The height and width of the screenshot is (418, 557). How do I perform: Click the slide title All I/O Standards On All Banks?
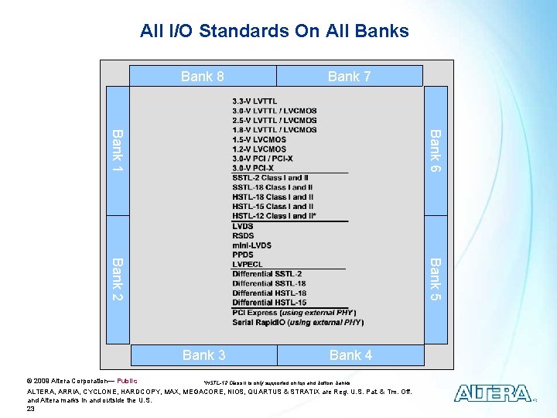pyautogui.click(x=274, y=32)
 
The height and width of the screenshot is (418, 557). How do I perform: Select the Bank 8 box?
pyautogui.click(x=202, y=76)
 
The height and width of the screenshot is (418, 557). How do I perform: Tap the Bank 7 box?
pyautogui.click(x=350, y=76)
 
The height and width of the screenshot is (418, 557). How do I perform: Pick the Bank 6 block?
pyautogui.click(x=436, y=151)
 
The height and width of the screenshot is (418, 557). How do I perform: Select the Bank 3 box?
pyautogui.click(x=203, y=355)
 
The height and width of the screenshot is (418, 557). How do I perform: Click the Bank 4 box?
pyautogui.click(x=350, y=355)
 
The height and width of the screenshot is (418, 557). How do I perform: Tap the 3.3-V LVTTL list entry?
pyautogui.click(x=255, y=101)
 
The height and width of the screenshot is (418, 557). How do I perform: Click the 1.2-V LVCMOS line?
pyautogui.click(x=259, y=149)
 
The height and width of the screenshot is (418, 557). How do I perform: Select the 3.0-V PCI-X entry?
pyautogui.click(x=252, y=168)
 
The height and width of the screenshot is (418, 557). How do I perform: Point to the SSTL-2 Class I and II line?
pyautogui.click(x=271, y=178)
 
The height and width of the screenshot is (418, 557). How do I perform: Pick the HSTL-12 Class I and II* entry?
pyautogui.click(x=274, y=216)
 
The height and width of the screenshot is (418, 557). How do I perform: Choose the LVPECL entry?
pyautogui.click(x=248, y=264)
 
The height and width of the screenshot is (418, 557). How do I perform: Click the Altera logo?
pyautogui.click(x=492, y=393)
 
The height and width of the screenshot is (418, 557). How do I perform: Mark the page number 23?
pyautogui.click(x=31, y=409)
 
